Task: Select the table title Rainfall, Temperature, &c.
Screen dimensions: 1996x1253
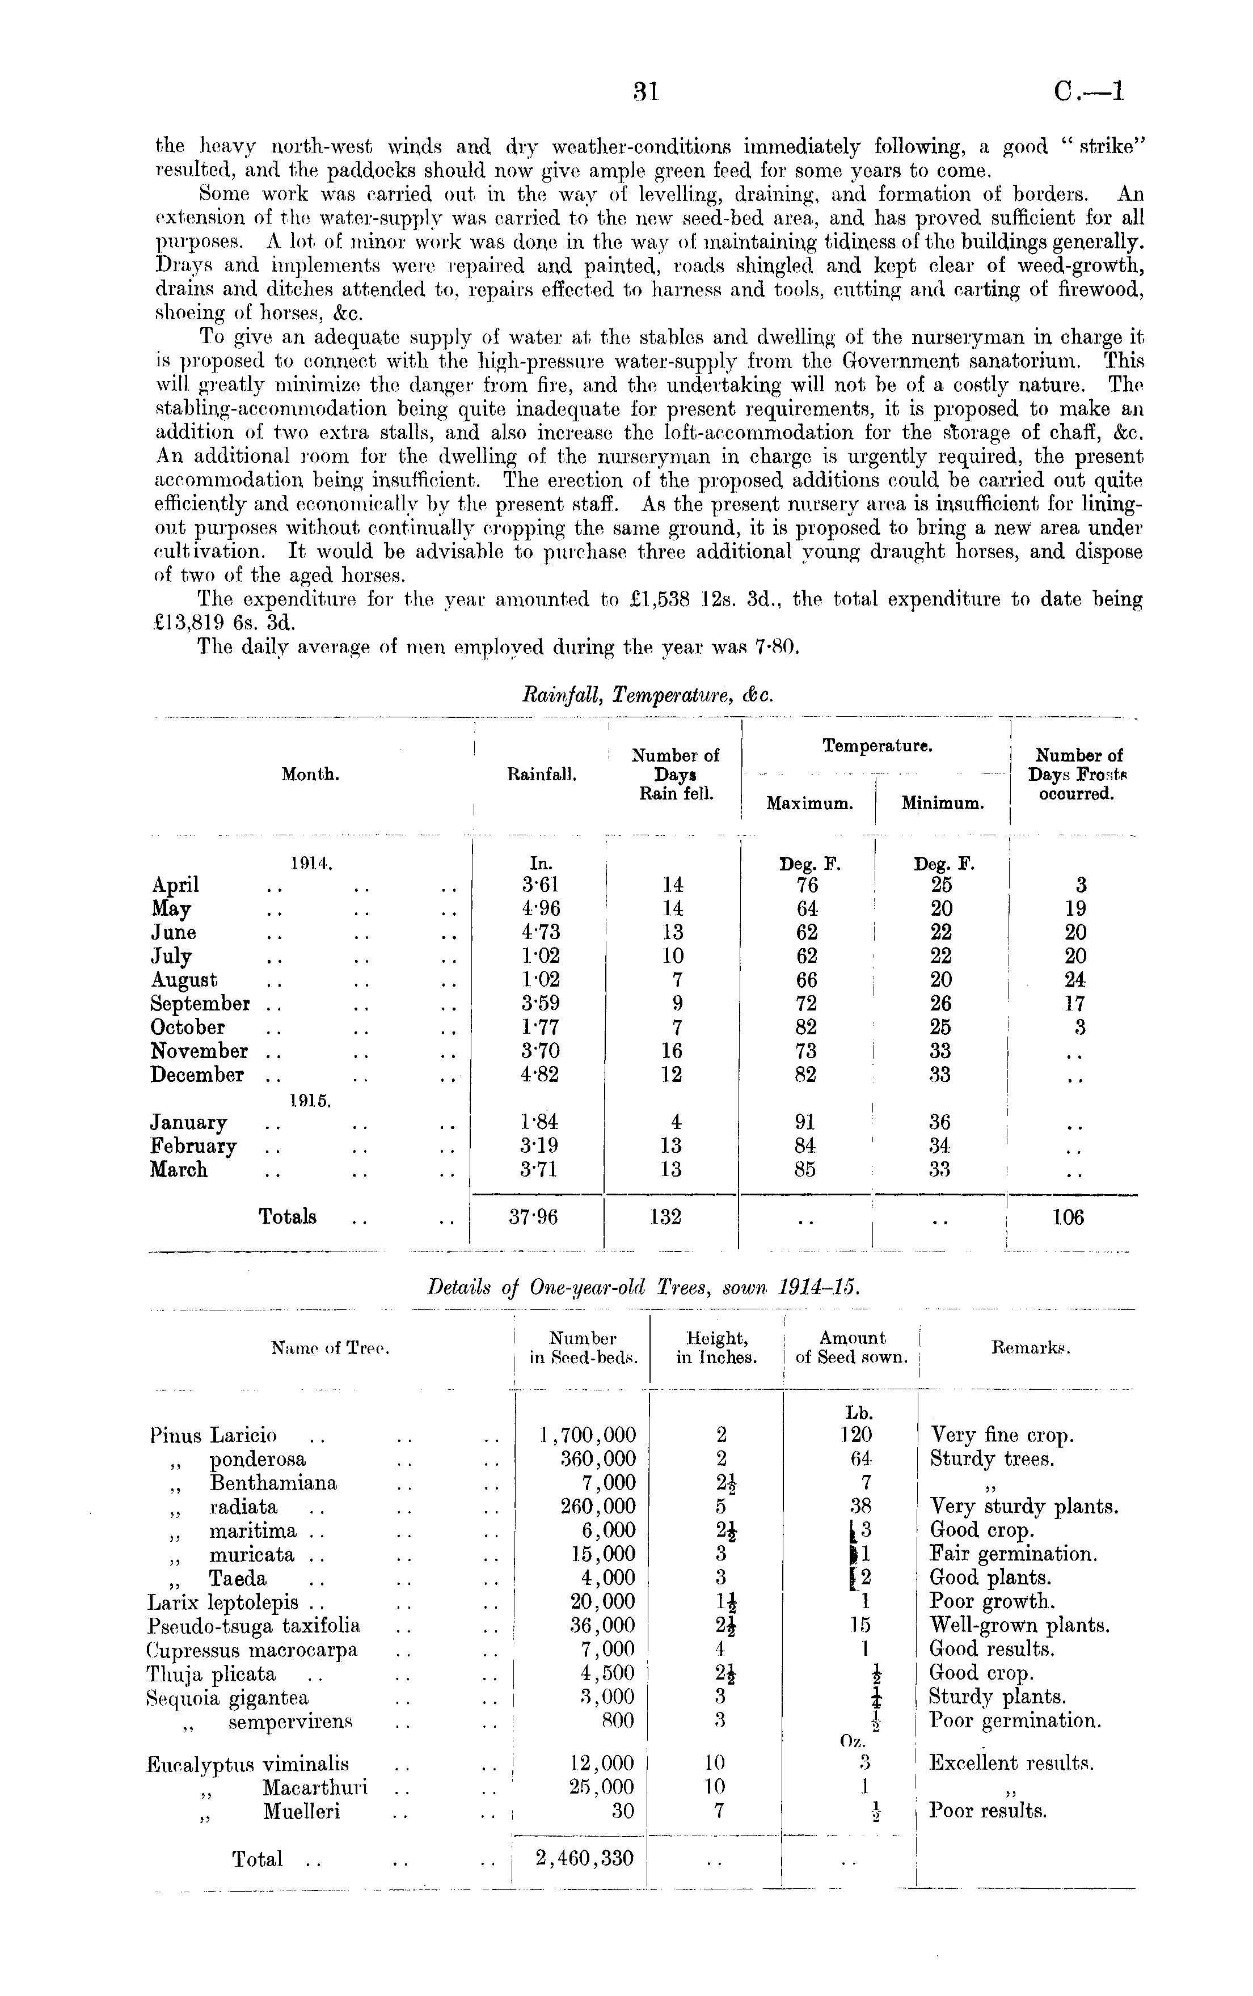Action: pyautogui.click(x=647, y=695)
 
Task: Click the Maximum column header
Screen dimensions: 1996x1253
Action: pyautogui.click(x=809, y=802)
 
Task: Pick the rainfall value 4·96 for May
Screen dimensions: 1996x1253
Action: pyautogui.click(x=535, y=908)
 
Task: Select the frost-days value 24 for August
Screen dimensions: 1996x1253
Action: pyautogui.click(x=1075, y=980)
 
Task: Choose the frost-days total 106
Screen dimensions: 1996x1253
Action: pyautogui.click(x=1068, y=1217)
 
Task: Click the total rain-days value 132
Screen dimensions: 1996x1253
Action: pyautogui.click(x=666, y=1217)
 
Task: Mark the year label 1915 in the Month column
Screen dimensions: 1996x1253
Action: pyautogui.click(x=310, y=1101)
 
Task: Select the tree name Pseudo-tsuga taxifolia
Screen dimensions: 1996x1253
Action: pyautogui.click(x=254, y=1626)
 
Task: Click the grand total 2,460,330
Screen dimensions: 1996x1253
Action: pyautogui.click(x=584, y=1859)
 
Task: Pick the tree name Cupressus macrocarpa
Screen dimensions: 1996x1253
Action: pyautogui.click(x=252, y=1650)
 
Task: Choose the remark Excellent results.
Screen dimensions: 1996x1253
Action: pyautogui.click(x=1011, y=1764)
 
